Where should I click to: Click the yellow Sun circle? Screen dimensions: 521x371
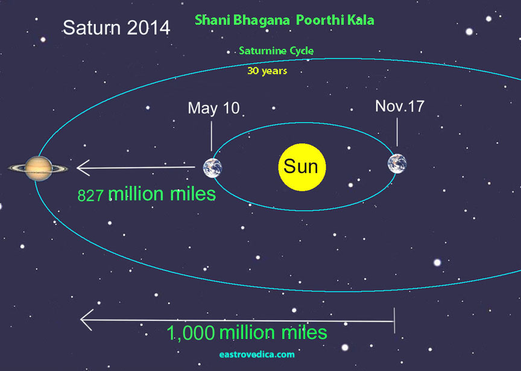[302, 167]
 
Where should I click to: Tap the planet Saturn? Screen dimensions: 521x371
[38, 168]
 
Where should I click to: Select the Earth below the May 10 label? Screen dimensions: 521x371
[213, 168]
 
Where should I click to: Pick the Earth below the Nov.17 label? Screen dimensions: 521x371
[397, 163]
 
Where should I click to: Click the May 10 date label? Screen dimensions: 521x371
[213, 108]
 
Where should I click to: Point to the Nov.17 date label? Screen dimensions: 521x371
[400, 106]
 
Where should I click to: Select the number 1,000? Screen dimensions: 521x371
[191, 333]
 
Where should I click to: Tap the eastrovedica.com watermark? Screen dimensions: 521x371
[257, 354]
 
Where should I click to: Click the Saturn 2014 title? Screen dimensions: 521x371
[116, 28]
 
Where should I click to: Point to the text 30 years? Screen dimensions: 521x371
[267, 71]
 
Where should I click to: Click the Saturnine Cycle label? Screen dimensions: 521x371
[276, 51]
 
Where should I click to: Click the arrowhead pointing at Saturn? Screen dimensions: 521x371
[83, 168]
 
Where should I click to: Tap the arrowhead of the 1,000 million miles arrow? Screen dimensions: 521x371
[87, 320]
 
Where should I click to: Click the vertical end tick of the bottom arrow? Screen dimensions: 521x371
[394, 320]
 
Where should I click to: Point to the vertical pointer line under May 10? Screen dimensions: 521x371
[211, 136]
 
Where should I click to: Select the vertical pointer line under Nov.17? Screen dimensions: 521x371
[397, 132]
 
